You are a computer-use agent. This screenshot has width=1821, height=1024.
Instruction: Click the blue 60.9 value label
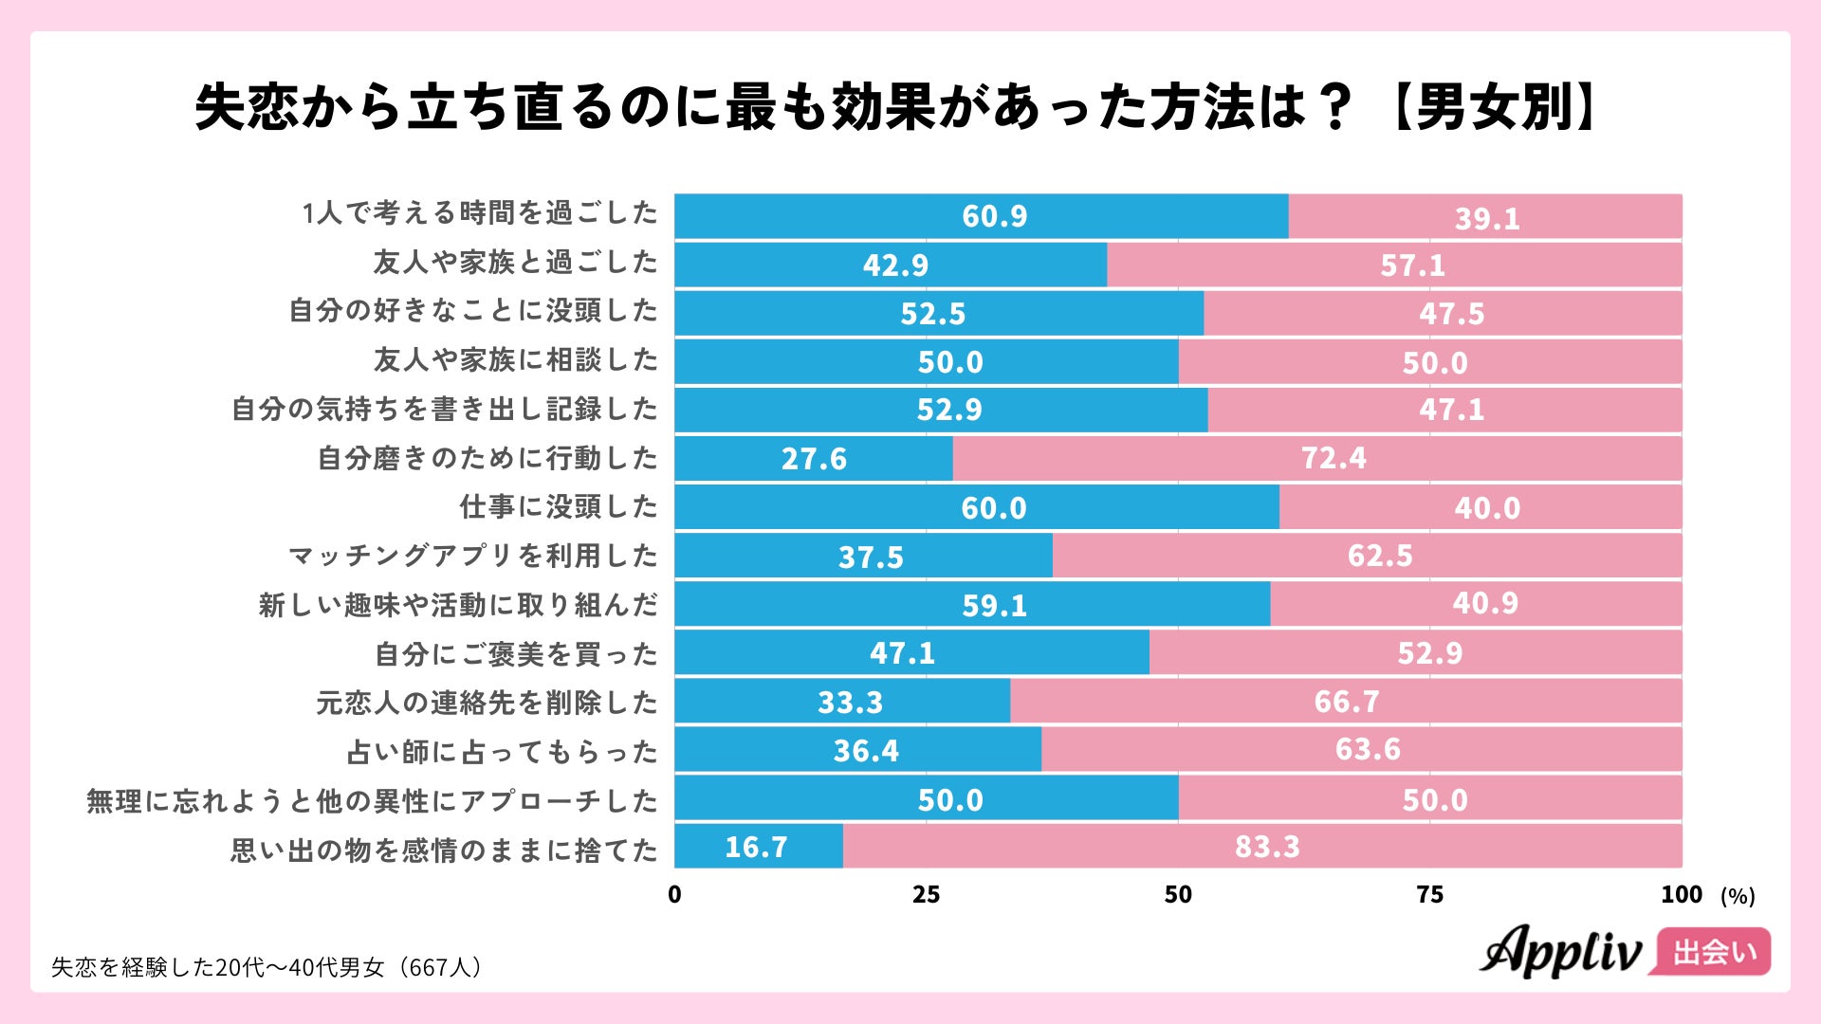994,216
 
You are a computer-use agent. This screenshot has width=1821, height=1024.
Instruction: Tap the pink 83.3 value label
1267,846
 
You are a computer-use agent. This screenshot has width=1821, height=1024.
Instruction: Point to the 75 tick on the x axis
1429,894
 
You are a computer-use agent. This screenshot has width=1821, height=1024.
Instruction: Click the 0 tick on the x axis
674,894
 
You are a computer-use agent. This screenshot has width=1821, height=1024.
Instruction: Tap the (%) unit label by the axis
1738,896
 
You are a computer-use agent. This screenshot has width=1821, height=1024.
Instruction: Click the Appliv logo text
1560,951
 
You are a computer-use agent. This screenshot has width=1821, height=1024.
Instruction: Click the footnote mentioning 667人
267,967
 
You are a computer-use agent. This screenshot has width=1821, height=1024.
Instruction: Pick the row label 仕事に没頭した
559,506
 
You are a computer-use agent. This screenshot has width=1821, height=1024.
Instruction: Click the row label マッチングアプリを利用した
472,556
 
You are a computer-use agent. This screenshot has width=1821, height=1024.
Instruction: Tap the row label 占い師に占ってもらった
502,752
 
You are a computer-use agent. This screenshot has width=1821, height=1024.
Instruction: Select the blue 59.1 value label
994,605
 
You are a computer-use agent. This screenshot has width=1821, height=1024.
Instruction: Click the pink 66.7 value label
1346,702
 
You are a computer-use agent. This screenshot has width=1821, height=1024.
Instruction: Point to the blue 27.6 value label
814,459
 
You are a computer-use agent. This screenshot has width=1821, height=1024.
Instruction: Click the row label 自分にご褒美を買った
516,654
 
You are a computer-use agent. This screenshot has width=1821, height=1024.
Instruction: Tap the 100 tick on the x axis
1681,894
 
